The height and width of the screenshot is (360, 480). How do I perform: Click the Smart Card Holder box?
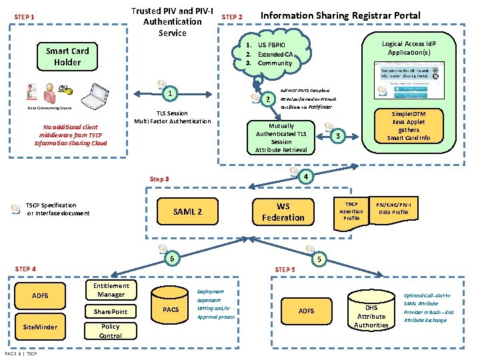(x=67, y=57)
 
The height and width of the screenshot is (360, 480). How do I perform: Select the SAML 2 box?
(x=187, y=212)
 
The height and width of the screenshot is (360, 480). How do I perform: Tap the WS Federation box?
(x=283, y=212)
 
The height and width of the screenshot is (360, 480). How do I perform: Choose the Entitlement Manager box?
(x=111, y=290)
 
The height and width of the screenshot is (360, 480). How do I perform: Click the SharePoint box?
(x=111, y=311)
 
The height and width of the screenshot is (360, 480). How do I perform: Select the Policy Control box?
(x=111, y=331)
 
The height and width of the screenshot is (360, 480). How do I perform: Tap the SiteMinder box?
(x=40, y=327)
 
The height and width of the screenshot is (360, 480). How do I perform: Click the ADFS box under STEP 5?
(x=306, y=311)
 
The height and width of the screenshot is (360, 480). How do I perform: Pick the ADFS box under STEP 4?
(x=40, y=295)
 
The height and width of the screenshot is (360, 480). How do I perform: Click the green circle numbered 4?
(x=304, y=177)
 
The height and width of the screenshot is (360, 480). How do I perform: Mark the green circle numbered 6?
(x=172, y=259)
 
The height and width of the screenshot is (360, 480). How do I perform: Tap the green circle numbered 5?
(x=319, y=259)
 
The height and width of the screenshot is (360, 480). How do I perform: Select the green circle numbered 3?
(x=338, y=136)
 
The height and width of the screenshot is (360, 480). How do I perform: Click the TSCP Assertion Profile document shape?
(x=351, y=213)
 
